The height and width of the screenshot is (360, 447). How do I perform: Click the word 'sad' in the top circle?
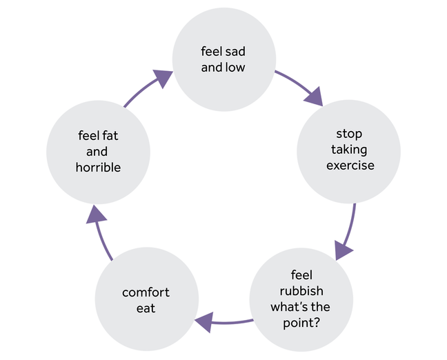click(x=235, y=52)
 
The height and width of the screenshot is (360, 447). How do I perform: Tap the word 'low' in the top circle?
click(x=235, y=68)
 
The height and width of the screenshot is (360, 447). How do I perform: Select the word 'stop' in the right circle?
click(x=349, y=133)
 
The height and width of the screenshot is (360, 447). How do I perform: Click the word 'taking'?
click(x=349, y=149)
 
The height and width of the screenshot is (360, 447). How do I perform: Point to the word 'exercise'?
click(x=350, y=165)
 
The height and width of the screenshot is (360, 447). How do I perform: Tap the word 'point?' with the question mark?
click(x=302, y=321)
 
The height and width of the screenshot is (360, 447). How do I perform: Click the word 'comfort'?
click(x=146, y=292)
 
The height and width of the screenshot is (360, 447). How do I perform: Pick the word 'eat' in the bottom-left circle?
click(x=146, y=308)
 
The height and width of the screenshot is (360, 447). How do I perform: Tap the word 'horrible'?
click(x=98, y=168)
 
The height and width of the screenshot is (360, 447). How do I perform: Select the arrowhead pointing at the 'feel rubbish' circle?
click(x=344, y=248)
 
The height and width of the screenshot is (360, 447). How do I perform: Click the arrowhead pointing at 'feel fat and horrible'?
click(x=96, y=216)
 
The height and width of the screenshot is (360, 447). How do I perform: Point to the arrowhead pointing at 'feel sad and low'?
click(x=163, y=78)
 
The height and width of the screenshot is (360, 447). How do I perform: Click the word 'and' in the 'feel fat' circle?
click(x=98, y=152)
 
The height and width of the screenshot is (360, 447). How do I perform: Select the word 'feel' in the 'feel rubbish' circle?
click(x=302, y=274)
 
